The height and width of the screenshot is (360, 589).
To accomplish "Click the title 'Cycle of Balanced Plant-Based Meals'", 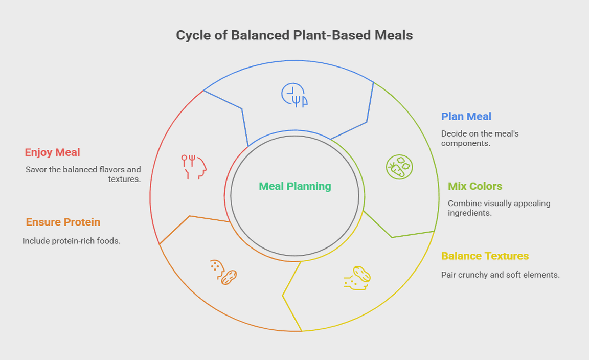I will click(294, 35).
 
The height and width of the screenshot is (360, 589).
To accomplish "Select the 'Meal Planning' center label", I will click(295, 186).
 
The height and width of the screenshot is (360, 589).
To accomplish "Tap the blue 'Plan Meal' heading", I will click(466, 117).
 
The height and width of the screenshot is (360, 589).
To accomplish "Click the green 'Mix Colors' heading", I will click(475, 186).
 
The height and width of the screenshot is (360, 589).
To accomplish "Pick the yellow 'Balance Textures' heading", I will click(485, 256).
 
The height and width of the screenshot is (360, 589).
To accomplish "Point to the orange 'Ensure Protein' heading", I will click(63, 222).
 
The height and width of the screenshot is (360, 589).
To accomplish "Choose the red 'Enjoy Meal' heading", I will click(53, 152).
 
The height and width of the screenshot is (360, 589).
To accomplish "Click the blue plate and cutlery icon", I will click(294, 95).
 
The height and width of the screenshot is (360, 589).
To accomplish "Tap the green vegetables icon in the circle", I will click(399, 167).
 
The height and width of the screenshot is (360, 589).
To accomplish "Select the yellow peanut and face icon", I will click(357, 278).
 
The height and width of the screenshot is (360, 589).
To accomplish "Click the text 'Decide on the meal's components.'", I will click(480, 139).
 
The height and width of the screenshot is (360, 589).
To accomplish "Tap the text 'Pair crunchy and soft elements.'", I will click(501, 275).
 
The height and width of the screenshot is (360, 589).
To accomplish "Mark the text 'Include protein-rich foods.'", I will click(72, 241).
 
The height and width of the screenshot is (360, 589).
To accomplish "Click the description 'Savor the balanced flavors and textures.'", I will click(83, 174).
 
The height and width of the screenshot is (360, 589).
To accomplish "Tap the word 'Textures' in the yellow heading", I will click(508, 256).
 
